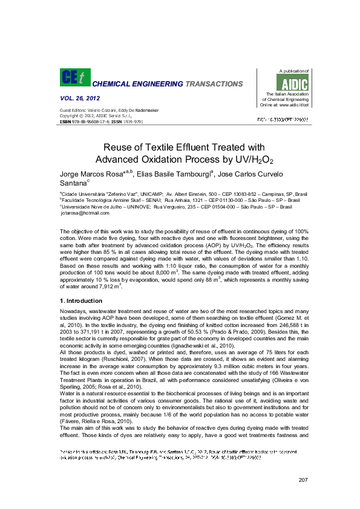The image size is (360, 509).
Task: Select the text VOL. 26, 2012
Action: pyautogui.click(x=79, y=99)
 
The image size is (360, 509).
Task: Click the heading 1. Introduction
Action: pyautogui.click(x=81, y=300)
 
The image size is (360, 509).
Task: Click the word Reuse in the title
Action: pyautogui.click(x=120, y=147)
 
